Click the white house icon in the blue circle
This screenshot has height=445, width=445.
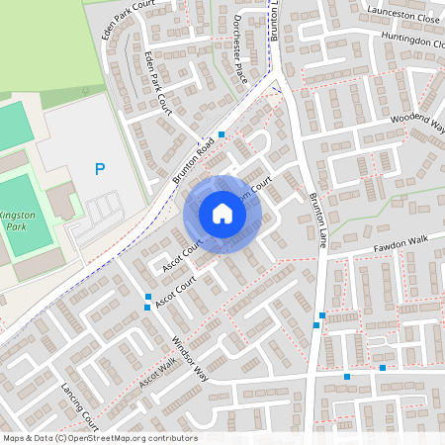[222, 214]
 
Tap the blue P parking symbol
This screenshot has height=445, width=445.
[99, 170]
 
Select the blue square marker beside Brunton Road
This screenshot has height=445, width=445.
[222, 133]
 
